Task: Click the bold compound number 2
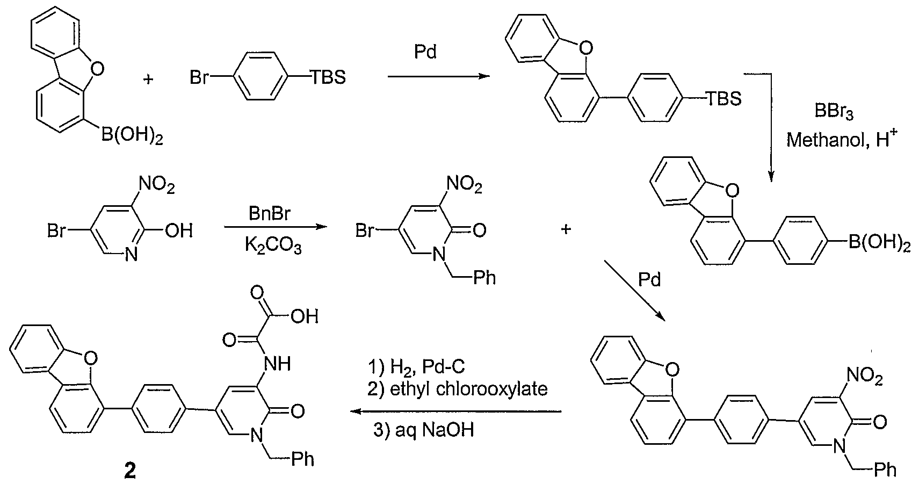[129, 472]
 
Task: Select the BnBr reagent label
[270, 214]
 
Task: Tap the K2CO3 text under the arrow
[273, 245]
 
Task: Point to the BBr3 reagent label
[834, 111]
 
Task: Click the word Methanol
[825, 140]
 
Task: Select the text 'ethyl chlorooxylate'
[468, 388]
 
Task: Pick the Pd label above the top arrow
[425, 52]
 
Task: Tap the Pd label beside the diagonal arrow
[650, 280]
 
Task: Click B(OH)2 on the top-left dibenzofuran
[132, 136]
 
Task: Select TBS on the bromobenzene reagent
[328, 77]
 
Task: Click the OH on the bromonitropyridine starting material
[179, 231]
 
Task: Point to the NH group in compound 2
[277, 364]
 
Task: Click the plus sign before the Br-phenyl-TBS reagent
[148, 78]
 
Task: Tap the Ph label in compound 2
[303, 459]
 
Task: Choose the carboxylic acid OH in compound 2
[305, 316]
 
